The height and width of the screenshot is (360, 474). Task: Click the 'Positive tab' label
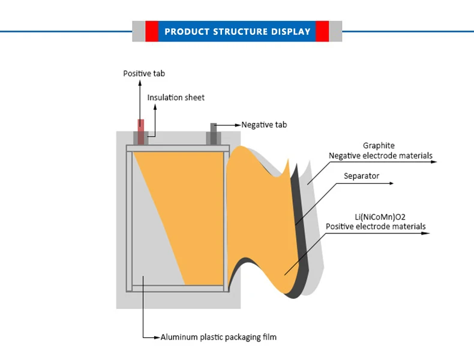click(144, 73)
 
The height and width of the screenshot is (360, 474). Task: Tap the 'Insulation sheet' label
click(176, 97)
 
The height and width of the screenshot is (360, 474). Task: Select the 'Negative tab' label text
click(264, 125)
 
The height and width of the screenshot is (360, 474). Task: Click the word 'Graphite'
click(379, 146)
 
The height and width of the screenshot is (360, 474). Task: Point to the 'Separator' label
click(361, 176)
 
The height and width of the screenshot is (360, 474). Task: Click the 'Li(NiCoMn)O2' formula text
click(380, 217)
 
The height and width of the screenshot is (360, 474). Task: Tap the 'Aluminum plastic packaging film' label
click(218, 337)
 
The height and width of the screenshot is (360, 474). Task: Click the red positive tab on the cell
click(141, 132)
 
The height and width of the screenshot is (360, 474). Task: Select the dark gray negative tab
click(214, 134)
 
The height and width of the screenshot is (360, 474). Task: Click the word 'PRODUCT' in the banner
click(187, 31)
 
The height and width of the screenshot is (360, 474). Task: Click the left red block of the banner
click(152, 31)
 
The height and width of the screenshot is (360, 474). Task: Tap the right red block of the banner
click(322, 31)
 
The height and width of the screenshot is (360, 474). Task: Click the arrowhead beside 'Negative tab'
click(238, 125)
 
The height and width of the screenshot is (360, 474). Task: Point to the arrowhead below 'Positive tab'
click(140, 83)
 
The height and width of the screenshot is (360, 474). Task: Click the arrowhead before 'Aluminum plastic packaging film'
click(157, 337)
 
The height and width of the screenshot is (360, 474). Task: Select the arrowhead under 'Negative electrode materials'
click(434, 162)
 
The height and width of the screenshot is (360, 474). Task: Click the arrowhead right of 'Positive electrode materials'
click(426, 233)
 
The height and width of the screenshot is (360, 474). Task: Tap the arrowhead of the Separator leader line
click(391, 183)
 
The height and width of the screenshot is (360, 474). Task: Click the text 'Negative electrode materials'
click(380, 155)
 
